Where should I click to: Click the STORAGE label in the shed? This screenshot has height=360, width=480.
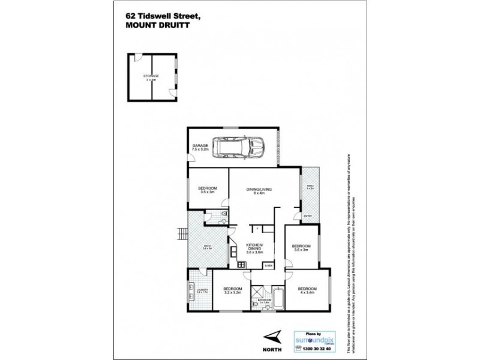[x=151, y=76]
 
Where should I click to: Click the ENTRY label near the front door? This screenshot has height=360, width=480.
[x=307, y=216]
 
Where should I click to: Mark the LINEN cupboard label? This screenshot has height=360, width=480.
[x=268, y=265]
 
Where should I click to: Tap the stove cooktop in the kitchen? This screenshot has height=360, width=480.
[x=241, y=262]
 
